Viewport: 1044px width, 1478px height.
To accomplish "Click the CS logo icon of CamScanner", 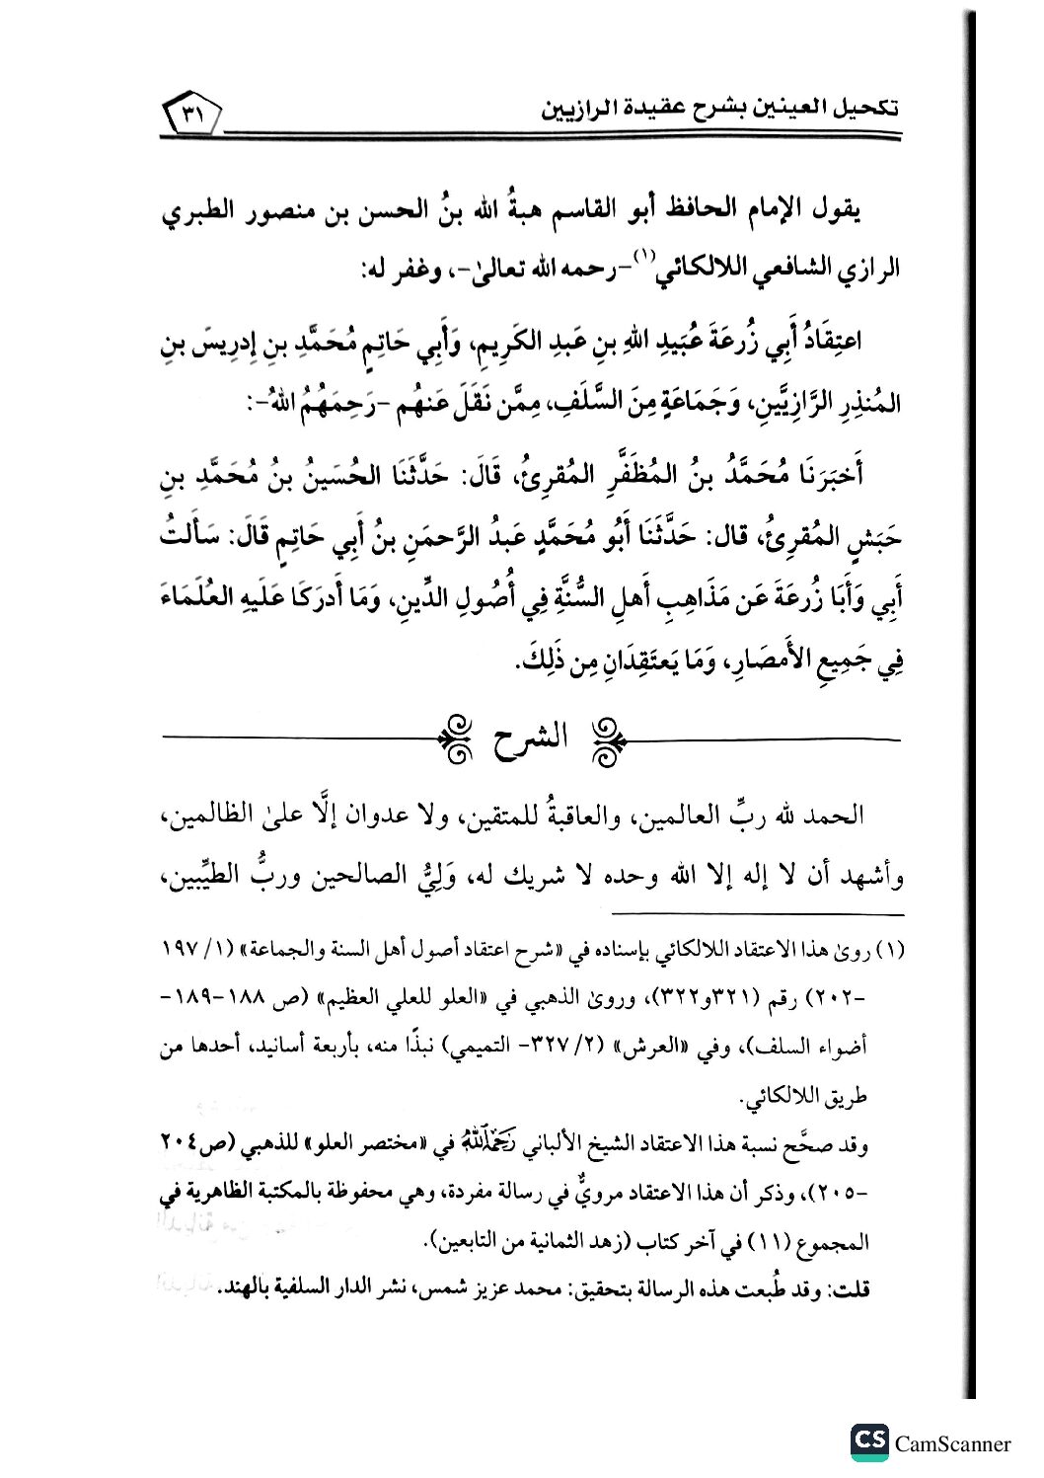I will click(868, 1441).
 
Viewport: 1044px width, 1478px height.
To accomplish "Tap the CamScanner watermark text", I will click(952, 1443).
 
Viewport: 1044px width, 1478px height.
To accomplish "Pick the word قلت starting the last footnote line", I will click(867, 1290).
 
